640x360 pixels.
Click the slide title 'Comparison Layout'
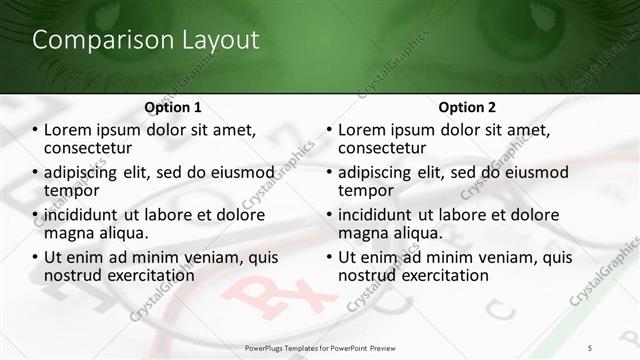pos(146,40)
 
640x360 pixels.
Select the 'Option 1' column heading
pos(173,106)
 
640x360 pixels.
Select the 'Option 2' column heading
pos(466,106)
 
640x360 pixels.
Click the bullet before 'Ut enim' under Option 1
pos(36,258)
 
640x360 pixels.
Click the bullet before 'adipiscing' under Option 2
pos(329,173)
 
